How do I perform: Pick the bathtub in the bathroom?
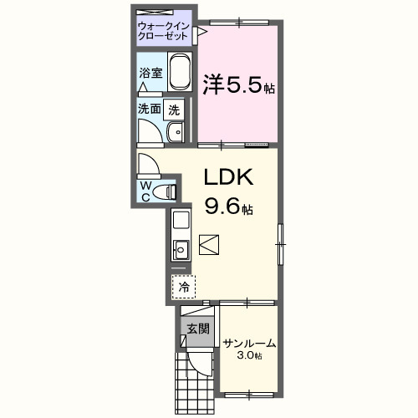tap(181, 75)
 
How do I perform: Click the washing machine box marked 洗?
tap(174, 108)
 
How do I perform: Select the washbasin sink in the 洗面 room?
tap(176, 132)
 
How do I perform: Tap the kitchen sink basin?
tap(181, 248)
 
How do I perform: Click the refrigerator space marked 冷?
tap(183, 287)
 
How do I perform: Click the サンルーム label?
tap(249, 344)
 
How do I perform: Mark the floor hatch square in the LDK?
tap(209, 244)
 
